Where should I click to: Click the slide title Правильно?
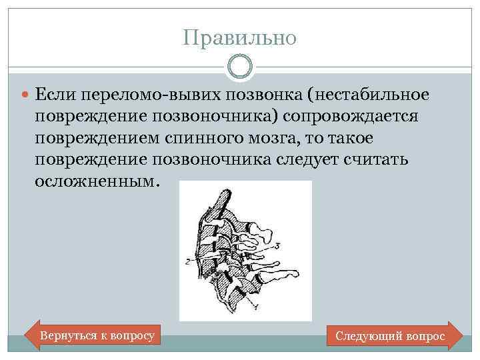(x=239, y=38)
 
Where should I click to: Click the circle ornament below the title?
(x=239, y=67)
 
